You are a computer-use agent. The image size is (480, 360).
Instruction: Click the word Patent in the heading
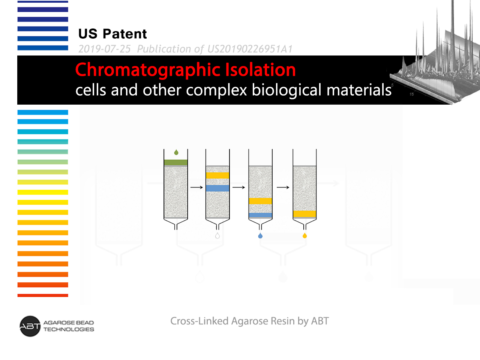click(125, 34)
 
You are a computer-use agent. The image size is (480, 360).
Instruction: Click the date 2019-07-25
click(105, 49)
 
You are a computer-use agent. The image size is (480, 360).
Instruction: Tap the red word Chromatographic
click(148, 70)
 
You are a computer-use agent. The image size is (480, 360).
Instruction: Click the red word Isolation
click(261, 70)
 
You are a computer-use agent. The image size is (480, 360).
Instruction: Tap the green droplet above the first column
click(176, 152)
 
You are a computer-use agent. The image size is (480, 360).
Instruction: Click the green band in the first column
click(176, 163)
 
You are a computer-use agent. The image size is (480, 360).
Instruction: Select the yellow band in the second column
click(217, 175)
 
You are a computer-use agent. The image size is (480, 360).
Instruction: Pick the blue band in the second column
click(217, 188)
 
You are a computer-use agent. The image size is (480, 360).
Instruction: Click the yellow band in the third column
click(261, 201)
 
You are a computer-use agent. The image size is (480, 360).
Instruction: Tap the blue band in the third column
click(261, 215)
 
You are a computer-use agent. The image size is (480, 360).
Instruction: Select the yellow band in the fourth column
click(304, 214)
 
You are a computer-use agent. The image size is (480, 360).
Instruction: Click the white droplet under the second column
click(217, 236)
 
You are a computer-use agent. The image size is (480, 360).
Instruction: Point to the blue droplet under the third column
click(260, 236)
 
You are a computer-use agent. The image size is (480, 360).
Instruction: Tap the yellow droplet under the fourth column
click(304, 236)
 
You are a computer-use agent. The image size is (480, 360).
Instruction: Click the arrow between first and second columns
click(196, 187)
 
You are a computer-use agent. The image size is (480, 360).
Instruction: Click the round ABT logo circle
click(30, 326)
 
